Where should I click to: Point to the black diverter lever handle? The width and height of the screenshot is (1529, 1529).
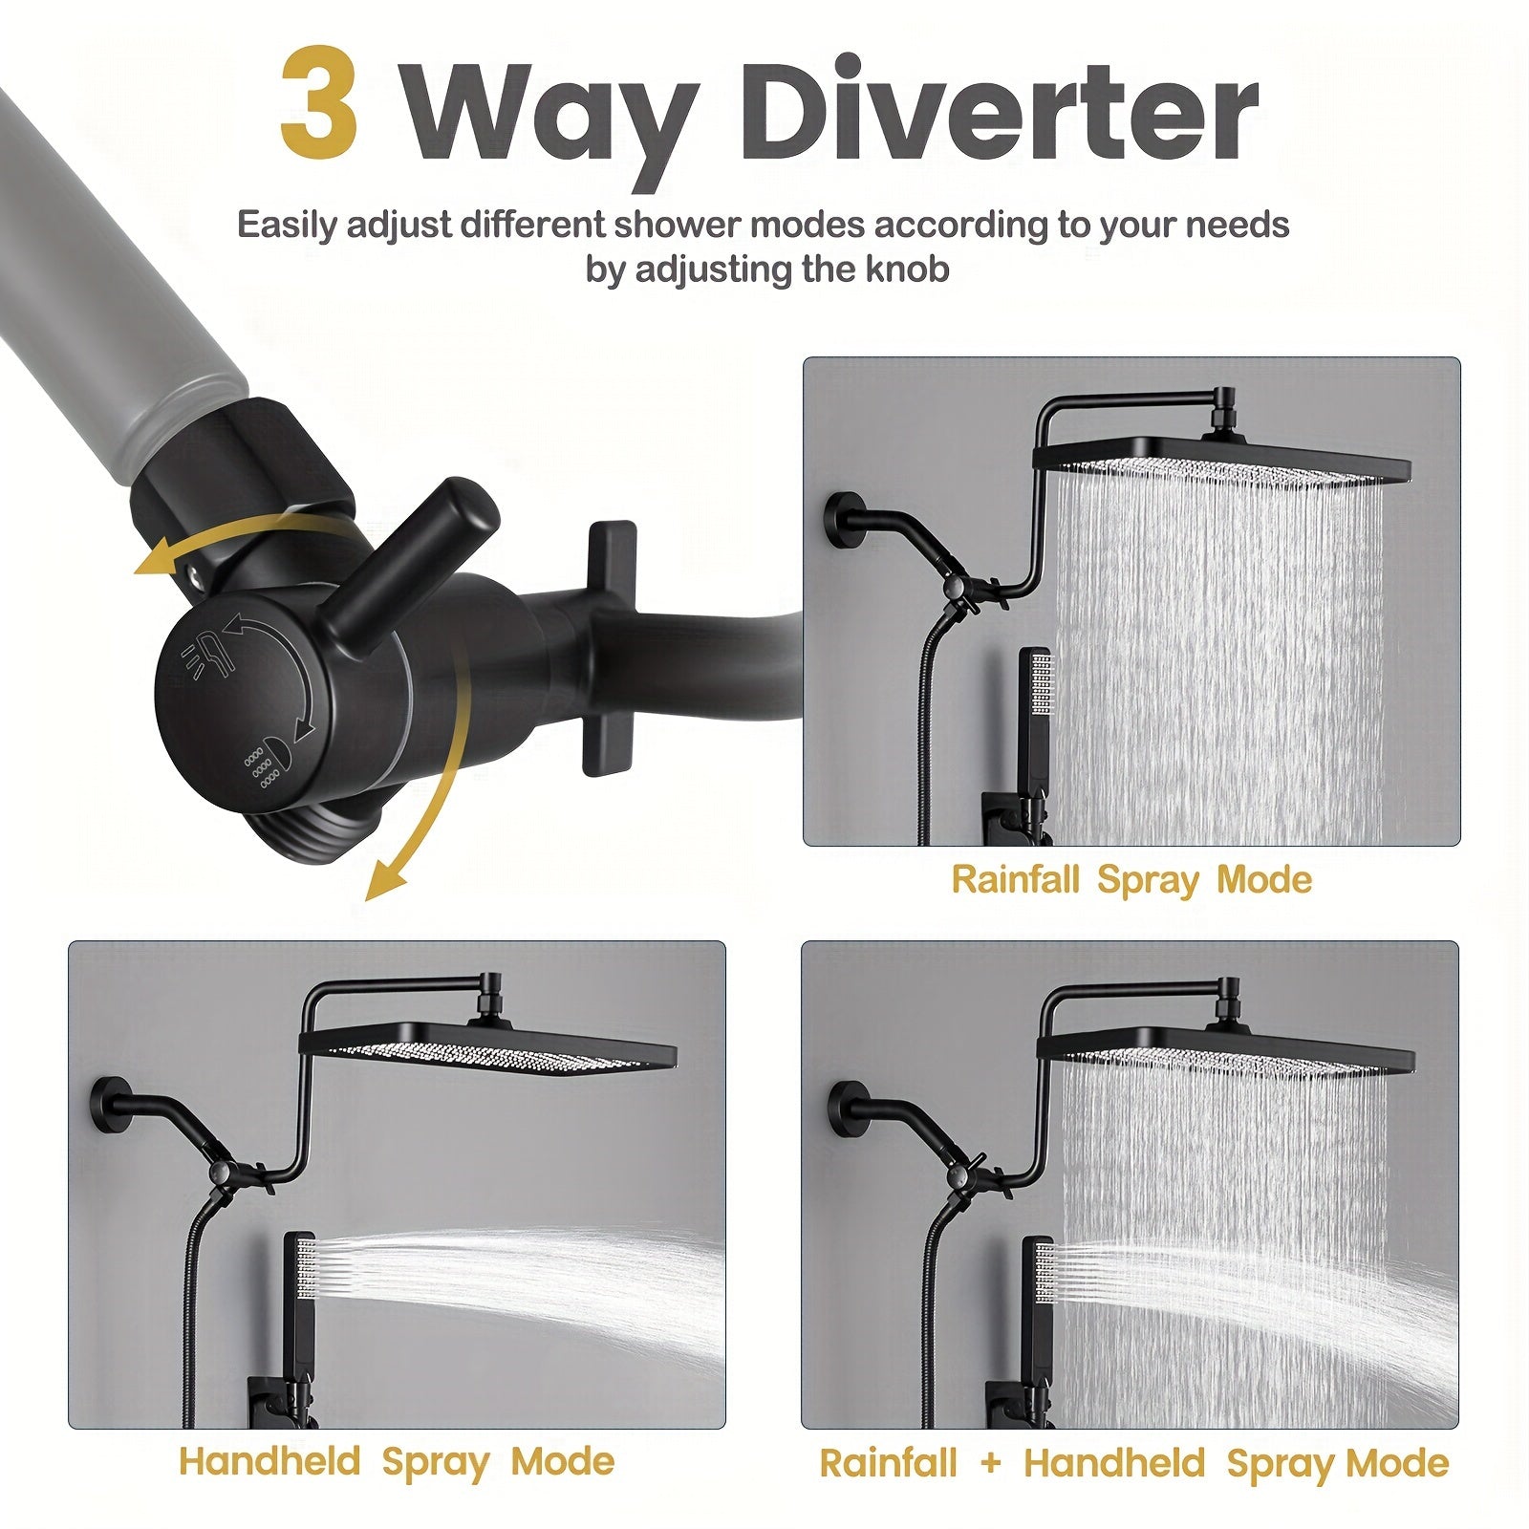[412, 555]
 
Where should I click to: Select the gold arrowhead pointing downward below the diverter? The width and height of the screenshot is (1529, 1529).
[385, 879]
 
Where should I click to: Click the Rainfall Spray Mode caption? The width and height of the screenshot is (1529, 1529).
[1131, 879]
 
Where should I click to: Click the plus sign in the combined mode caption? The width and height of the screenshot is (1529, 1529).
[991, 1463]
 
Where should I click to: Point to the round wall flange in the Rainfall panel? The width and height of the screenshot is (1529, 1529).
[841, 520]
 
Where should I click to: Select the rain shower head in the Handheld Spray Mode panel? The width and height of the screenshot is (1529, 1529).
[488, 1047]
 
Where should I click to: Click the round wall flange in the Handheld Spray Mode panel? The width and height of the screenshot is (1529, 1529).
[111, 1107]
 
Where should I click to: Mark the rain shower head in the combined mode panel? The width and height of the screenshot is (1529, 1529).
[1225, 1045]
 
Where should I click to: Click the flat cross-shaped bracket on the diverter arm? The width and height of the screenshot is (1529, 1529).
[609, 648]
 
